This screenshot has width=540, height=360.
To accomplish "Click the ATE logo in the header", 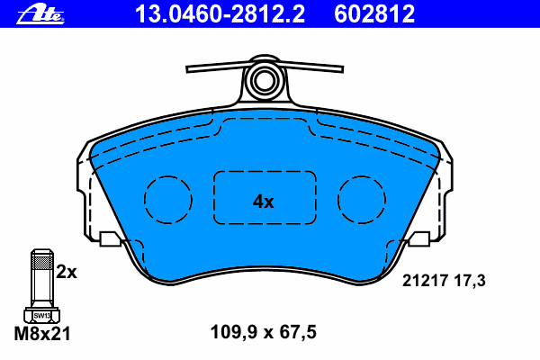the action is tap(40, 14).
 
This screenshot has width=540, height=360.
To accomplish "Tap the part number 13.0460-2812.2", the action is tap(220, 13).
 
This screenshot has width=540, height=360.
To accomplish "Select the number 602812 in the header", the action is tap(374, 13).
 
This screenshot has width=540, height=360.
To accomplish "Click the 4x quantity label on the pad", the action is tap(264, 202).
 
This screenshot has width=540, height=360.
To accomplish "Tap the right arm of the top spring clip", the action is tap(310, 67).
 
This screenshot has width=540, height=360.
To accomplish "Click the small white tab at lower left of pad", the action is tap(110, 239).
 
